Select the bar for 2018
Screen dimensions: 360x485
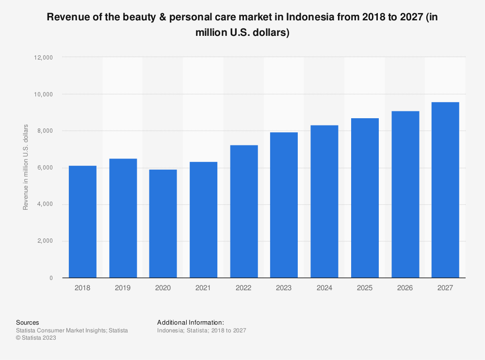[x=82, y=221]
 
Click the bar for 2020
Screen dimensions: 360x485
[x=163, y=223]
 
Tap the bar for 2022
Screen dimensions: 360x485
[x=244, y=211]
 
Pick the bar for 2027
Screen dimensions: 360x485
[x=445, y=190]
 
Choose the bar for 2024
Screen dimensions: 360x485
[x=324, y=202]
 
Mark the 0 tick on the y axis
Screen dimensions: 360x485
[x=50, y=278]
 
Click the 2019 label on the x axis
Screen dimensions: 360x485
[x=123, y=288]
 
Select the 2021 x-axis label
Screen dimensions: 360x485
[x=203, y=288]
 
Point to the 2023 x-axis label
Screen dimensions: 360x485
[x=284, y=288]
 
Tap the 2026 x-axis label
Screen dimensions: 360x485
[x=405, y=288]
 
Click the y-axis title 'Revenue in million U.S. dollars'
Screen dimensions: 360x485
[x=26, y=167]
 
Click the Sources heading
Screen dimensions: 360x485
[x=27, y=322]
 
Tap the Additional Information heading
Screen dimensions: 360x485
[x=191, y=322]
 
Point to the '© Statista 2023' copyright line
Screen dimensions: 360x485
[x=36, y=338]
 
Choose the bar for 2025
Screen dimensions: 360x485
[x=365, y=198]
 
